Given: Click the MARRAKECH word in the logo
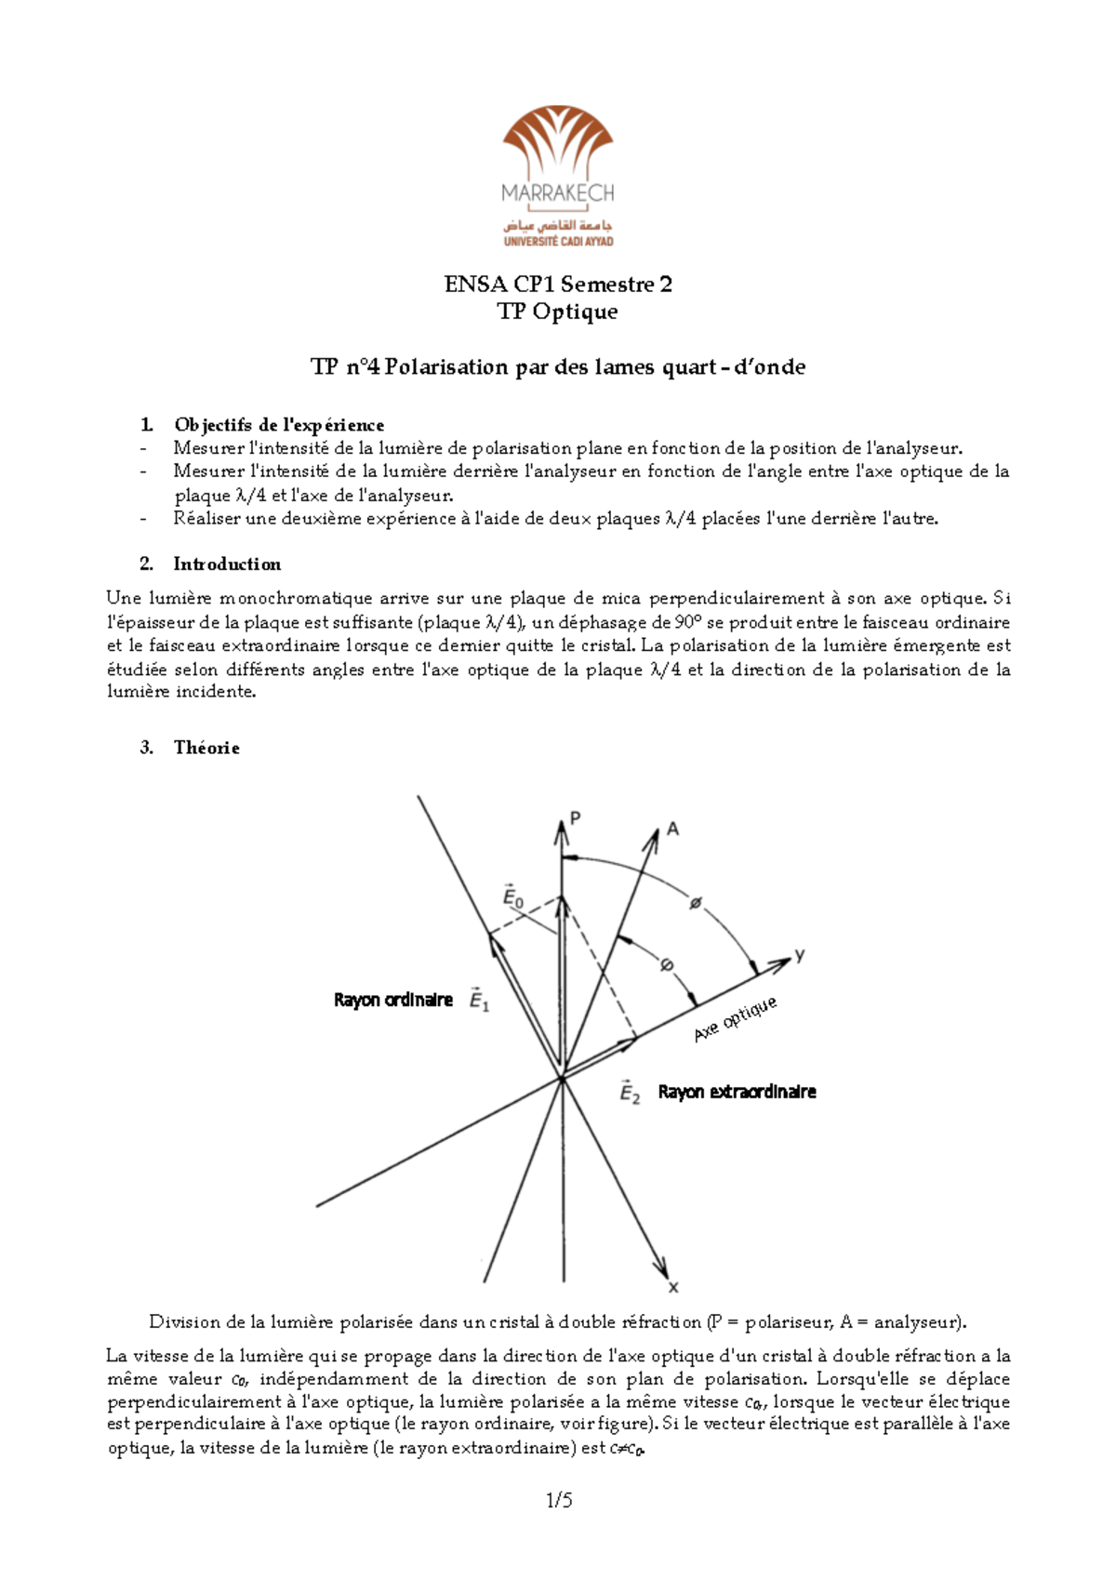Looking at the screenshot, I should pyautogui.click(x=558, y=193).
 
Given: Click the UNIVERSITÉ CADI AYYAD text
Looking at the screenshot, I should pyautogui.click(x=558, y=241).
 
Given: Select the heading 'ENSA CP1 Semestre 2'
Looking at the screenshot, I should pyautogui.click(x=558, y=285).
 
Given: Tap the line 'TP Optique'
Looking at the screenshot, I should pyautogui.click(x=558, y=312).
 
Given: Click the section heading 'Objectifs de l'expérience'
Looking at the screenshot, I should pyautogui.click(x=278, y=425).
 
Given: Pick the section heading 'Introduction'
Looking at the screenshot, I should pyautogui.click(x=227, y=564).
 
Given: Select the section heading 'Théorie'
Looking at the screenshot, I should pyautogui.click(x=206, y=748).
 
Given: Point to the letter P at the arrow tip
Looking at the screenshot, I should pyautogui.click(x=576, y=818).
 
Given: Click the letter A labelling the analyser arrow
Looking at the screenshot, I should pyautogui.click(x=672, y=829).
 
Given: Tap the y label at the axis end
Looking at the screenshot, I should pyautogui.click(x=799, y=955).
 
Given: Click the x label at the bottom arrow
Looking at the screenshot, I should pyautogui.click(x=673, y=1288).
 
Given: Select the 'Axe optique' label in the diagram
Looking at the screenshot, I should pyautogui.click(x=735, y=1020).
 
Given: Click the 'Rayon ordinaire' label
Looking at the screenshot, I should pyautogui.click(x=392, y=1000).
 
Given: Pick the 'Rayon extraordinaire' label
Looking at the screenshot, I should pyautogui.click(x=737, y=1092).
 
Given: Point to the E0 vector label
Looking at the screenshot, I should pyautogui.click(x=512, y=896).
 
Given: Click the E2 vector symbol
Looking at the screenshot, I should pyautogui.click(x=630, y=1092).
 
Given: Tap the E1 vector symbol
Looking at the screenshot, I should pyautogui.click(x=479, y=1000).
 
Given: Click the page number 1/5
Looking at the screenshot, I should pyautogui.click(x=559, y=1500).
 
